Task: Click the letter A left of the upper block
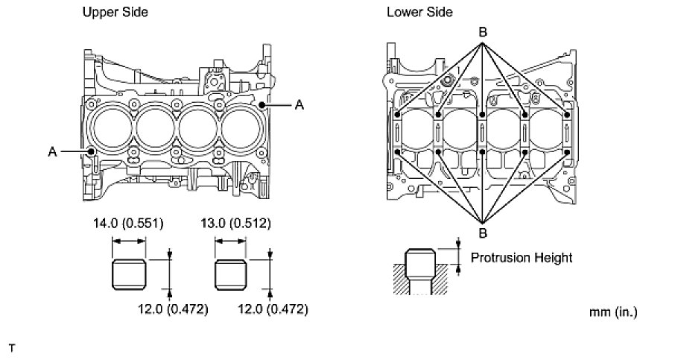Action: (53, 151)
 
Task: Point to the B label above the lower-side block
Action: (482, 33)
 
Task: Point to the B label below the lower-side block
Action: (482, 233)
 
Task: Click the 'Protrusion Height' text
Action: (522, 258)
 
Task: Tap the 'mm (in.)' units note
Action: (613, 311)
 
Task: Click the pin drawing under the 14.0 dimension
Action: (128, 274)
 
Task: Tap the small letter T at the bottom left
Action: (11, 348)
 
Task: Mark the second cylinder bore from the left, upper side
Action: (154, 130)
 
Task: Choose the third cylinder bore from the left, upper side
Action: (197, 130)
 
